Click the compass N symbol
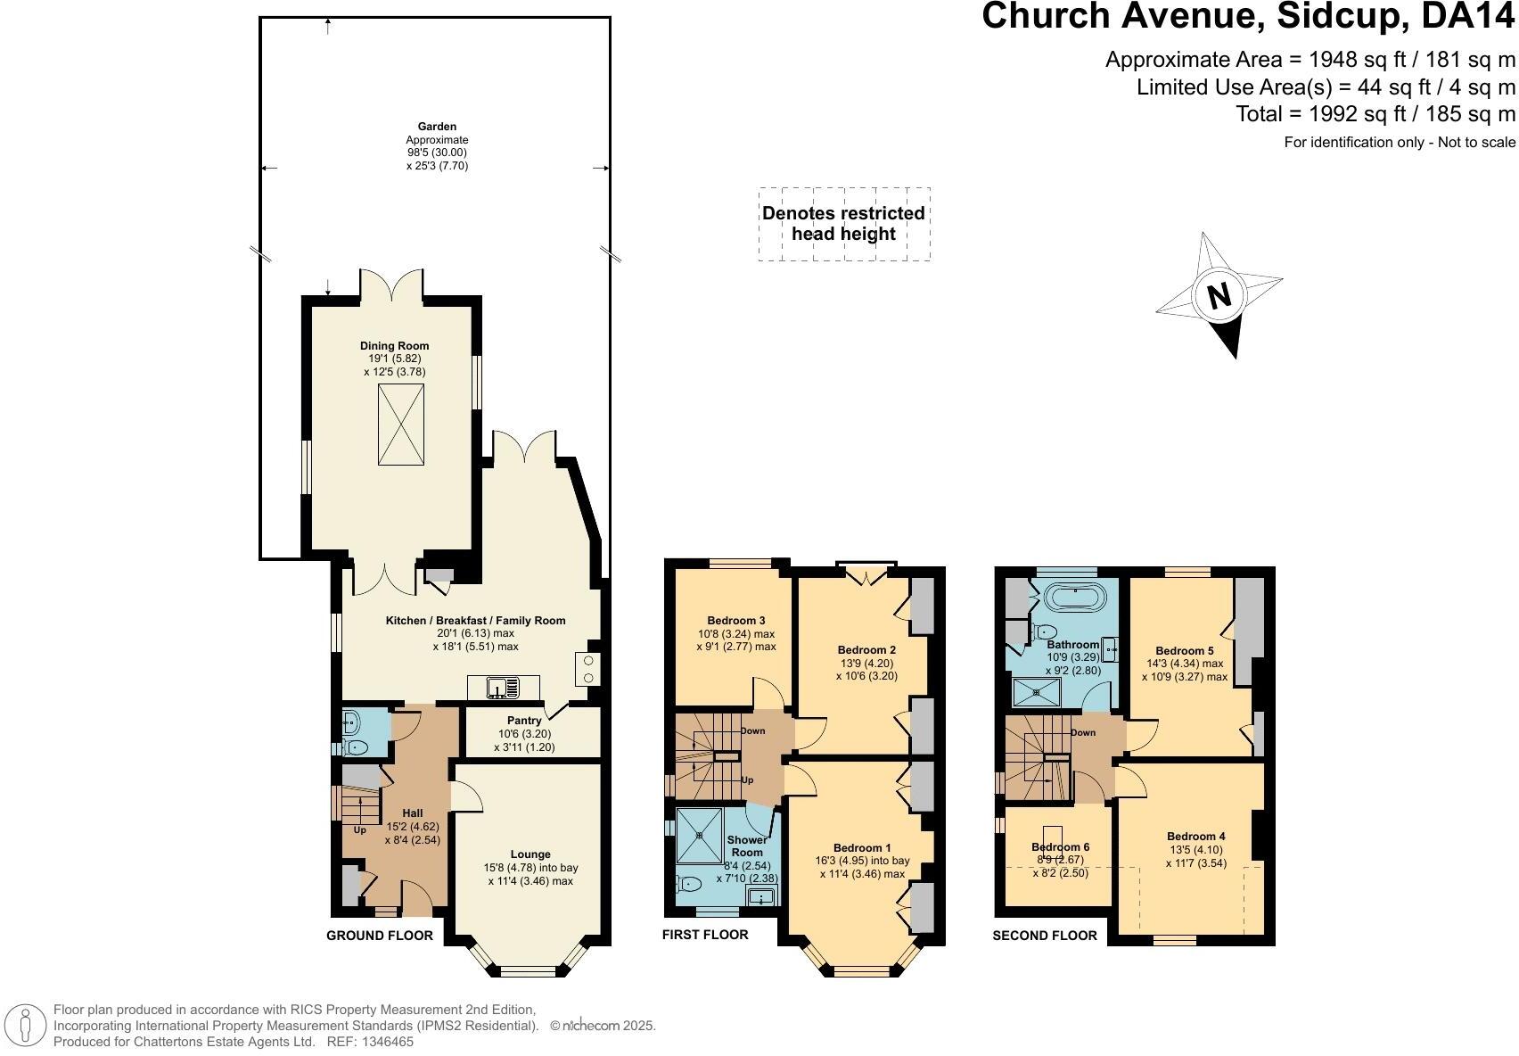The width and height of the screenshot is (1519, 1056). pyautogui.click(x=1219, y=295)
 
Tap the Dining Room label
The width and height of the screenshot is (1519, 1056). pyautogui.click(x=394, y=346)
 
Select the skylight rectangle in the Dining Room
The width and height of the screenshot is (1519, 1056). pyautogui.click(x=400, y=425)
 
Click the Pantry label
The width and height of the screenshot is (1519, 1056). pyautogui.click(x=524, y=721)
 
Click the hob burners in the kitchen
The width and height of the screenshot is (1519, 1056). pyautogui.click(x=588, y=668)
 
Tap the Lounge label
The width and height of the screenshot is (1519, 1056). pyautogui.click(x=530, y=854)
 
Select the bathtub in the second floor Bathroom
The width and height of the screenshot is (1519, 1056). pyautogui.click(x=1073, y=597)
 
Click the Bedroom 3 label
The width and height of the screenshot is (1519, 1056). pyautogui.click(x=736, y=621)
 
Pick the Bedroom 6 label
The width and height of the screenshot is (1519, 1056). pyautogui.click(x=1060, y=846)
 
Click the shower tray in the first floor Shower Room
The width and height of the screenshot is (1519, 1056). pyautogui.click(x=699, y=837)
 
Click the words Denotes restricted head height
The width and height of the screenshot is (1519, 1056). pyautogui.click(x=843, y=224)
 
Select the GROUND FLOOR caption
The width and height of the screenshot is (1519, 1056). pyautogui.click(x=380, y=936)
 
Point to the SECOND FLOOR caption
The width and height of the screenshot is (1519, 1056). pyautogui.click(x=1045, y=936)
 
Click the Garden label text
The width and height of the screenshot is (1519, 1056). pyautogui.click(x=437, y=127)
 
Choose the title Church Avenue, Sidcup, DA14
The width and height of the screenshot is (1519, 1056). pyautogui.click(x=1248, y=17)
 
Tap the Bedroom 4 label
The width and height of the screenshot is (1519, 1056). pyautogui.click(x=1195, y=836)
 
